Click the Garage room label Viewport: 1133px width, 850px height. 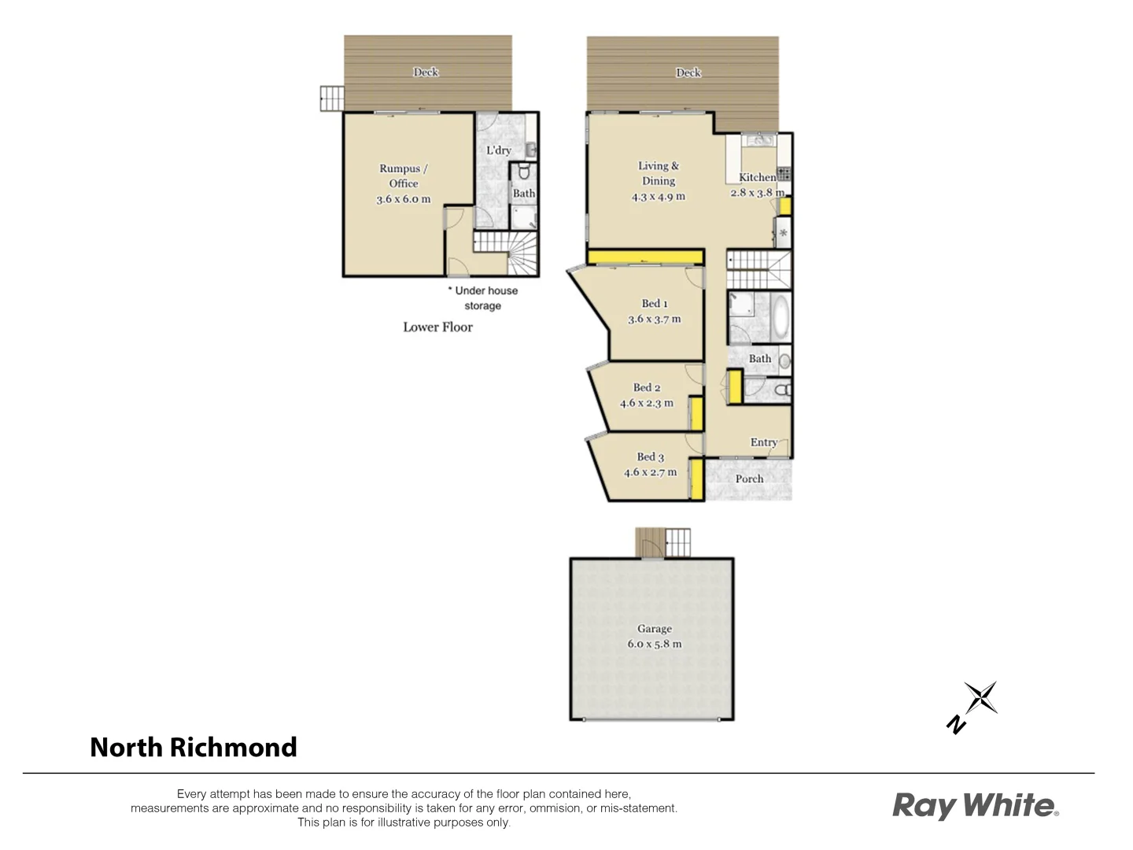[x=654, y=629]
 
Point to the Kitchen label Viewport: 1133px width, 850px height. [x=757, y=177]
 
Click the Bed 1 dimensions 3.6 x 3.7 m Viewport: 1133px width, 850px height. [x=654, y=320]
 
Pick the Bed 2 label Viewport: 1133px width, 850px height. [x=647, y=387]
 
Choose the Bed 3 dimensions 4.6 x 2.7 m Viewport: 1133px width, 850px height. [x=650, y=472]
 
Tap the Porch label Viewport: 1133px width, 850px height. [x=749, y=479]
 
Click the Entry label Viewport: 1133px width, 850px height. [x=763, y=442]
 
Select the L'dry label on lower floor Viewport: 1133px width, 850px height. [x=498, y=150]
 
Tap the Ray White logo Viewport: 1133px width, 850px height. [x=975, y=805]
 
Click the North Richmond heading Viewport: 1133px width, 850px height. [x=194, y=747]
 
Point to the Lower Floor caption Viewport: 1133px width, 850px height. [x=437, y=327]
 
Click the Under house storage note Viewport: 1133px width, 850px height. [x=482, y=298]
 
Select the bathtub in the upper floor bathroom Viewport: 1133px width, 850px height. [x=780, y=316]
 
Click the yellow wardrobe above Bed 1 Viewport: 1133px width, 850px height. [x=644, y=256]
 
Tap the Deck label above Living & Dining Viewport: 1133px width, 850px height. [x=688, y=72]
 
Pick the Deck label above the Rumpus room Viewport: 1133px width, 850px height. [x=426, y=72]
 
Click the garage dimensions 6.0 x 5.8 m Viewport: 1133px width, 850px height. [x=654, y=644]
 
